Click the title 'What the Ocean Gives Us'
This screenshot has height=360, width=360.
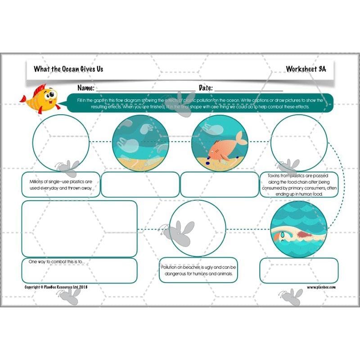(63, 69)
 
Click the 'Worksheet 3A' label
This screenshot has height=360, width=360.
(306, 69)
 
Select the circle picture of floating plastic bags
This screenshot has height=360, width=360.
(139, 142)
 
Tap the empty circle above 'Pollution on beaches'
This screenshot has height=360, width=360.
(198, 228)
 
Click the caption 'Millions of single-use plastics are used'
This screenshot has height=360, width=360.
(60, 184)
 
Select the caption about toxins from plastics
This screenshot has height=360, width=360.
(299, 184)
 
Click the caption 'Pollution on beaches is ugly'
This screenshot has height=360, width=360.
(198, 270)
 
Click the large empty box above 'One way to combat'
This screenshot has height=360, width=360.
(79, 229)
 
